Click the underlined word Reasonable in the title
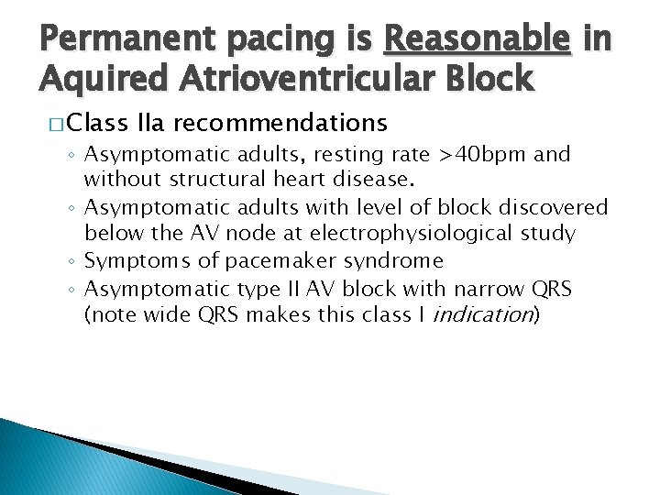(478, 40)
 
